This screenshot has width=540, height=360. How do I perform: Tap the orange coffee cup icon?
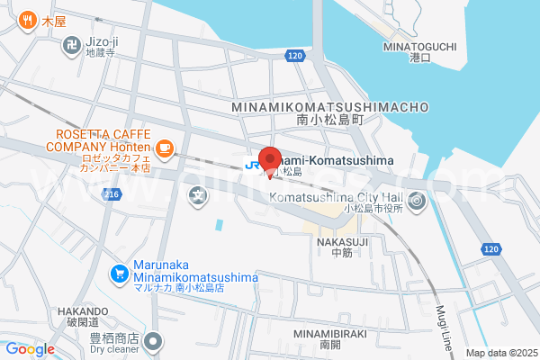pyautogui.click(x=163, y=148)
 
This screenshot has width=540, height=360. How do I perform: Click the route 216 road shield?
pyautogui.click(x=112, y=194)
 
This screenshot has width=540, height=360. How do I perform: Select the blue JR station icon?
pyautogui.click(x=254, y=165)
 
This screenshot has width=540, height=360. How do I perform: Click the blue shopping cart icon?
pyautogui.click(x=119, y=273)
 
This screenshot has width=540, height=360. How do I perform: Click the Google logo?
pyautogui.click(x=30, y=349)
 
